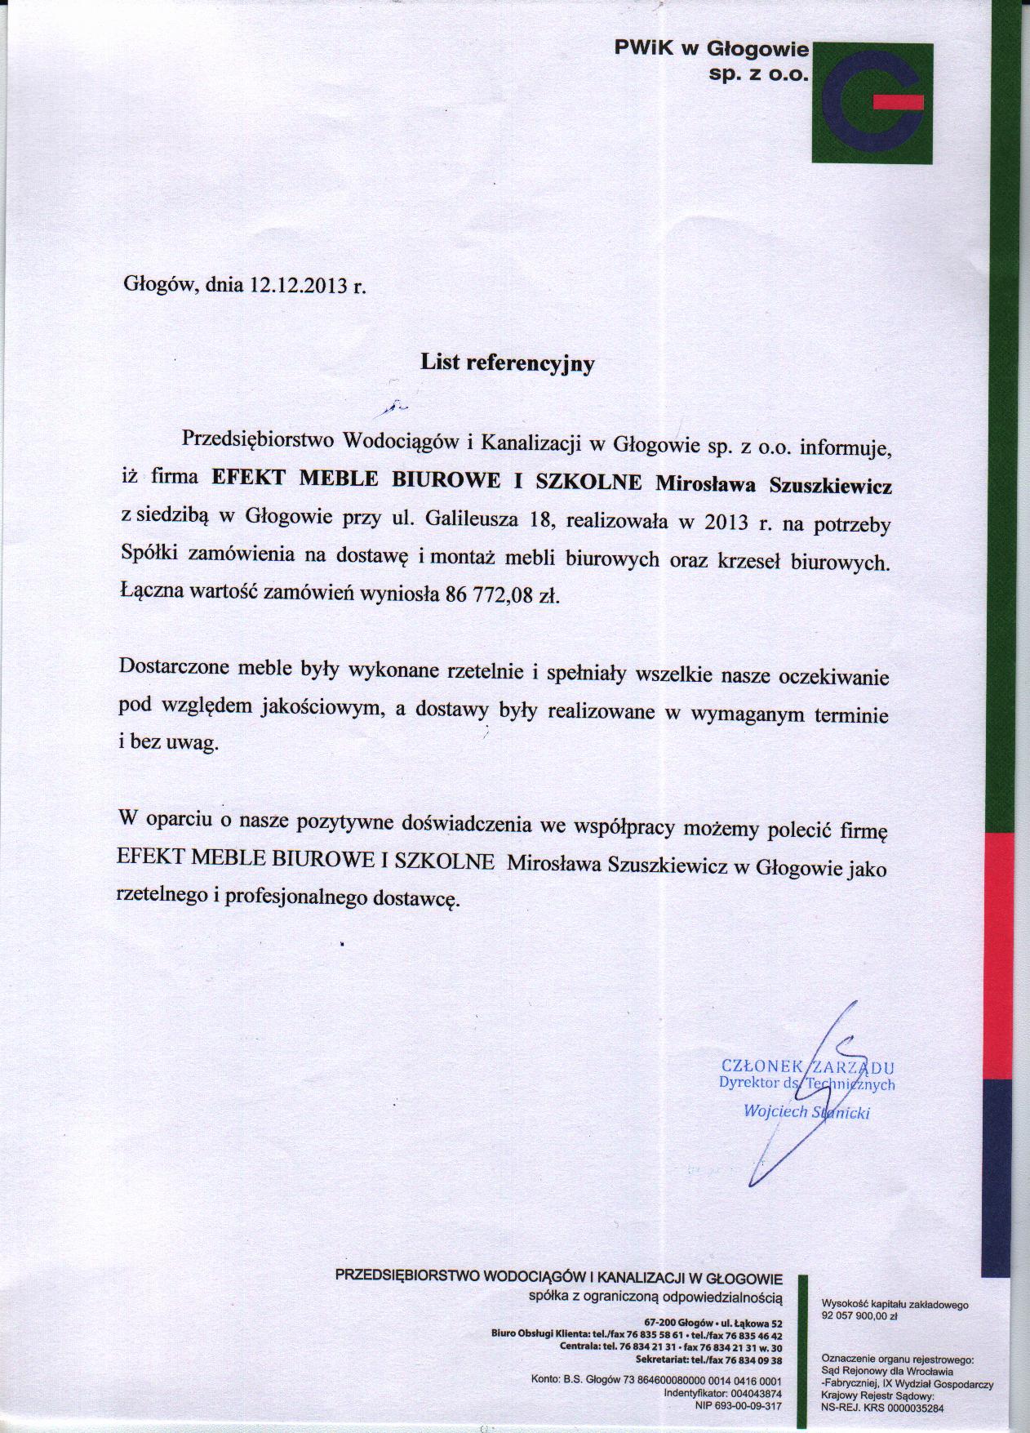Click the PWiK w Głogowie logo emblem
(x=874, y=103)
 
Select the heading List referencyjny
(x=507, y=363)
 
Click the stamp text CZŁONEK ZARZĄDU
(x=808, y=1066)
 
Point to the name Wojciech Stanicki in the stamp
(x=806, y=1111)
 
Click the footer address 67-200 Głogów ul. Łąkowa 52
(x=713, y=1322)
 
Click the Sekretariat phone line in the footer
(x=708, y=1360)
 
